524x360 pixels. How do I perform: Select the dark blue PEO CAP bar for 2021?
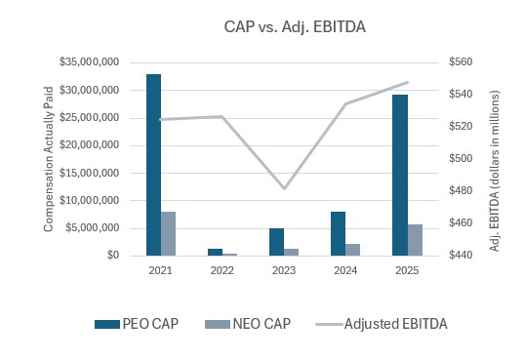point(153,164)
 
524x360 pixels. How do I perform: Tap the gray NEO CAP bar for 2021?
point(168,233)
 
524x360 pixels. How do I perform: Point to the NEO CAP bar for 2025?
point(414,239)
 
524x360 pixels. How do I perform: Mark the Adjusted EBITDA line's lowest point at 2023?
point(284,187)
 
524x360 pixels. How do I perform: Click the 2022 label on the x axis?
point(222,269)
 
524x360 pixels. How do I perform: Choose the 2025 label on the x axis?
point(406,269)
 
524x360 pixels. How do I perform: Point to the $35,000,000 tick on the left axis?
point(89,62)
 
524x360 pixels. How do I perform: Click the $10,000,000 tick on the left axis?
point(89,200)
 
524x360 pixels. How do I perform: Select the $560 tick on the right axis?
point(460,62)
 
